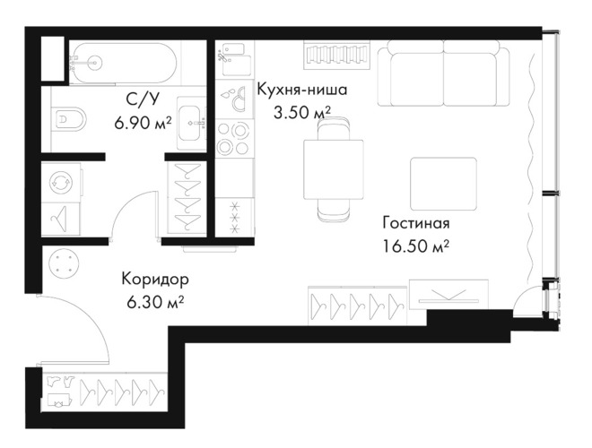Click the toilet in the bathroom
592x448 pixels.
click(x=69, y=119)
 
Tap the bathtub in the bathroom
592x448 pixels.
click(x=125, y=63)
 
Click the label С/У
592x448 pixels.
click(x=143, y=99)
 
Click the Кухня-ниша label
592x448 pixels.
click(x=301, y=90)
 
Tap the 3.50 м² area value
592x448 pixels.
click(x=302, y=112)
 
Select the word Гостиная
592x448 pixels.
click(x=416, y=222)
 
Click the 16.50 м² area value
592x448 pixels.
click(x=415, y=246)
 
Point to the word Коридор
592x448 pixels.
click(x=155, y=280)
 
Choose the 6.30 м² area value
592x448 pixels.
click(x=155, y=302)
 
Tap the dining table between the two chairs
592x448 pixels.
click(x=334, y=169)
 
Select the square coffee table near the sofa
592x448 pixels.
click(x=444, y=184)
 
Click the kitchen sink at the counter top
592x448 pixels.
click(x=234, y=59)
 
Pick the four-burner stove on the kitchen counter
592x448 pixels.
click(x=234, y=138)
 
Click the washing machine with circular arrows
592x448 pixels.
click(x=60, y=182)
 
